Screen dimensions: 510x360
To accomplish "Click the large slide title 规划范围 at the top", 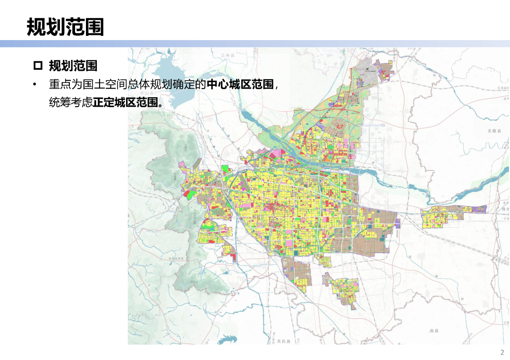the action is pyautogui.click(x=65, y=27).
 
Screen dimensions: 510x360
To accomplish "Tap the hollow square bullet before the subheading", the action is pyautogui.click(x=38, y=65).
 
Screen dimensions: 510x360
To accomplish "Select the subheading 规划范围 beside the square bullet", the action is pyautogui.click(x=73, y=65).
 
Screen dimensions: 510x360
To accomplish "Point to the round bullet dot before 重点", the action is pyautogui.click(x=34, y=85).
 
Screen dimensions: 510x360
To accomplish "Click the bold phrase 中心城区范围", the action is pyautogui.click(x=240, y=84).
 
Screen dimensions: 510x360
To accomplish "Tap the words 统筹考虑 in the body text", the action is pyautogui.click(x=71, y=102).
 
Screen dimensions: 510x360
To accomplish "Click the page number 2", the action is pyautogui.click(x=502, y=352).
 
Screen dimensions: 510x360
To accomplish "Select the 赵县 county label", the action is pyautogui.click(x=434, y=331).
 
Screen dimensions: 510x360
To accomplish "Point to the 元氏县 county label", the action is pyautogui.click(x=285, y=341).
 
